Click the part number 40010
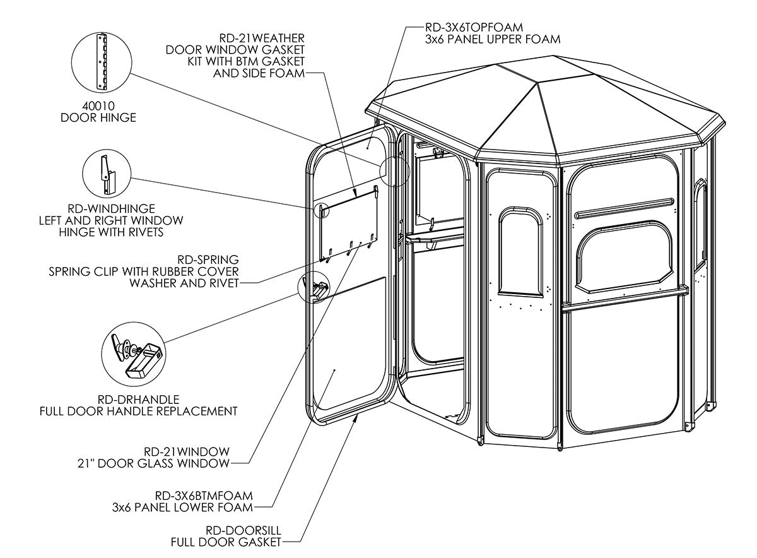point(98,106)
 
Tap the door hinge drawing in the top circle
point(102,61)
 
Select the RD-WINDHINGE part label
point(111,209)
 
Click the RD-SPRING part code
point(208,259)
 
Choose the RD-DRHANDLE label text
point(139,400)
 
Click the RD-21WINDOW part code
point(187,451)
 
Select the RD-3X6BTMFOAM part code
point(204,496)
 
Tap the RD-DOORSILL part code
point(244,530)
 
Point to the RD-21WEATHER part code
point(262,38)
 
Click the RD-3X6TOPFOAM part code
point(474,27)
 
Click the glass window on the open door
point(349,224)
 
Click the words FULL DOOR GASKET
point(226,542)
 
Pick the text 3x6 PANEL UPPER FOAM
point(493,39)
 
